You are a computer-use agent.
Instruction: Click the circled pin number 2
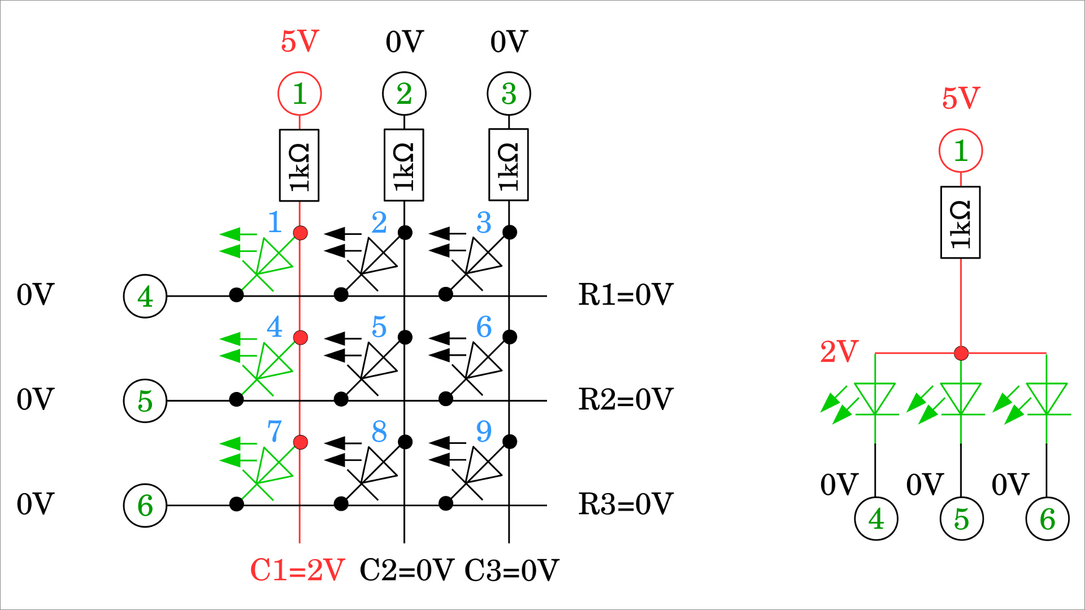point(404,94)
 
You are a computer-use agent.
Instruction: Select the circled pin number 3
point(509,94)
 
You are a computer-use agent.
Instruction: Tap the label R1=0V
point(626,295)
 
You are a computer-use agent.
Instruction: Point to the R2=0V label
point(626,399)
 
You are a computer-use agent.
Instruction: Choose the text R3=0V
point(626,504)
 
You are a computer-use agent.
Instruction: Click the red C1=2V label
point(297,570)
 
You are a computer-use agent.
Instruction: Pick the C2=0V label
point(407,570)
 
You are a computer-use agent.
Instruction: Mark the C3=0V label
point(511,570)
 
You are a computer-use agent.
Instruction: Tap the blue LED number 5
point(379,327)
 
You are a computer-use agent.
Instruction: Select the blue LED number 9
point(484,432)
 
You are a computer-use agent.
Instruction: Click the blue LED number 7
point(275,432)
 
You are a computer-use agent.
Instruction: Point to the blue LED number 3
point(484,223)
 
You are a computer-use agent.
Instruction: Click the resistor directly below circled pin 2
point(404,165)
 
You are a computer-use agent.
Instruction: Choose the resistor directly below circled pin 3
point(509,165)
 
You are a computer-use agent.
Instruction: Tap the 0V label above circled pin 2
point(405,42)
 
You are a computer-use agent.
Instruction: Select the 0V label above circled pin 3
point(509,42)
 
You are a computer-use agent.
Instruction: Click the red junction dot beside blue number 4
point(300,338)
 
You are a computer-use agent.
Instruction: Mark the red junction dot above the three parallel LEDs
point(961,354)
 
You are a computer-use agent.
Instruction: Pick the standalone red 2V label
point(839,352)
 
